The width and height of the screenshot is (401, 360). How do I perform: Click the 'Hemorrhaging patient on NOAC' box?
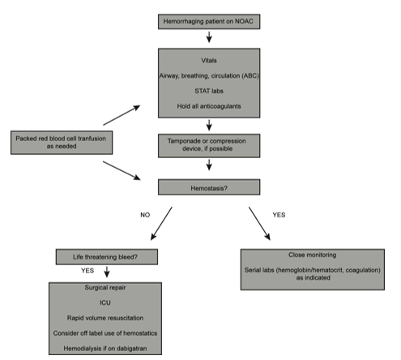209,22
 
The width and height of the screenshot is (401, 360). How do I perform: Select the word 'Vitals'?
209,61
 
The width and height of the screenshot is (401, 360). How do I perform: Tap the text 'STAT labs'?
209,91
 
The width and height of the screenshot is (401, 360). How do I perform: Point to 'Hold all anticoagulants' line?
209,106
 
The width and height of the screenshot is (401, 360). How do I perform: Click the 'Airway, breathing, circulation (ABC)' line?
209,76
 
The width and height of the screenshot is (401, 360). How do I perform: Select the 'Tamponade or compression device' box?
209,146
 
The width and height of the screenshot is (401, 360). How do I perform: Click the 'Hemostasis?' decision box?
209,187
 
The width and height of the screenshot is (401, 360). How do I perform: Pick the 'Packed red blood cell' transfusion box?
62,143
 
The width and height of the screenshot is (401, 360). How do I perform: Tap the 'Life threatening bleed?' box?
107,257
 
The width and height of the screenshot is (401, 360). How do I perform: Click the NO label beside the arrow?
145,215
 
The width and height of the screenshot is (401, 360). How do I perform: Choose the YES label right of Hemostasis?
279,215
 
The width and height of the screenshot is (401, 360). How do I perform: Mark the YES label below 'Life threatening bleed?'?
87,271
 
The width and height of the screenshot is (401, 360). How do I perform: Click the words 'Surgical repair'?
105,288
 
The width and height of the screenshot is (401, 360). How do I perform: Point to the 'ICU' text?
105,302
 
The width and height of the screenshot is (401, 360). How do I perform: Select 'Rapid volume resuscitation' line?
105,318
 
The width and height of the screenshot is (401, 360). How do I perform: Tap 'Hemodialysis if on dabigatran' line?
105,349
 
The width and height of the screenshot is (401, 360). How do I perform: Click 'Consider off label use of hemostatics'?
105,333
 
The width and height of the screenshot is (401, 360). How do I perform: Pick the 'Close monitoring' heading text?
313,255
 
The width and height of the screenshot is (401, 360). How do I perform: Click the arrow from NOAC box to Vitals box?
209,37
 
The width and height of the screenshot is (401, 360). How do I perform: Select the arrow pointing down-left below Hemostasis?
161,224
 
